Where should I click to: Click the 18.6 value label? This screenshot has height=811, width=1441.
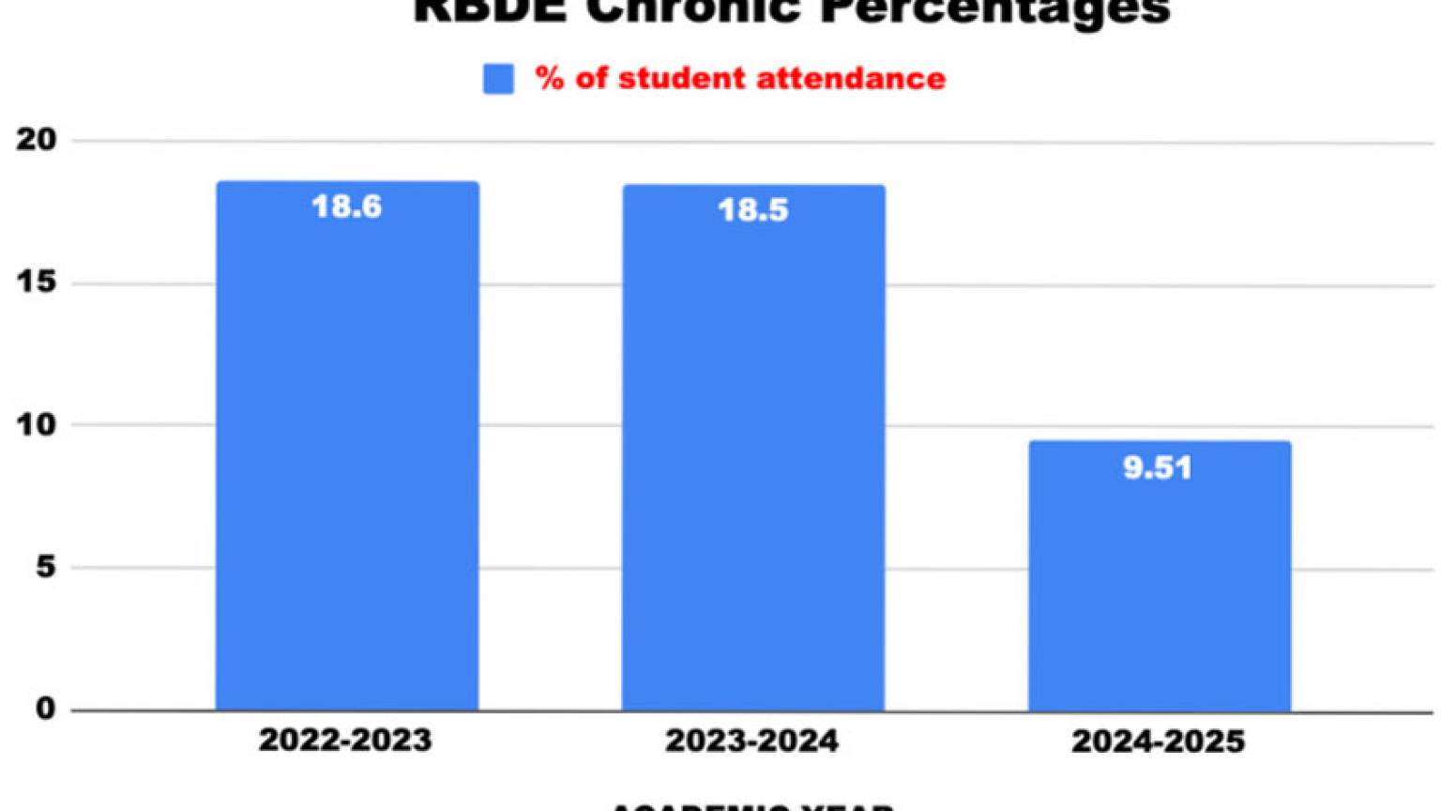(x=347, y=207)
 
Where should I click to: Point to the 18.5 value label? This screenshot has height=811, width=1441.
(x=753, y=210)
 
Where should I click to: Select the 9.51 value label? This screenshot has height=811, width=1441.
(x=1158, y=467)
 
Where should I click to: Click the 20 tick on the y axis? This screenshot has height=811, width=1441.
(x=37, y=140)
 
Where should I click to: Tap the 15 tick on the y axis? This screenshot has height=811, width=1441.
(x=37, y=283)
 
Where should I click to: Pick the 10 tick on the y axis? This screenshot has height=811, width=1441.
(x=37, y=424)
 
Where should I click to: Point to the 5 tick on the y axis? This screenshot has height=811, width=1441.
(x=45, y=567)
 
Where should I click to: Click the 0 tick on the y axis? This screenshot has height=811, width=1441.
(x=45, y=709)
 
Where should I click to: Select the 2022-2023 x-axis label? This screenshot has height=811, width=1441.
(x=345, y=740)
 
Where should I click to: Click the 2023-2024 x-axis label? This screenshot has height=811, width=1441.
(x=751, y=741)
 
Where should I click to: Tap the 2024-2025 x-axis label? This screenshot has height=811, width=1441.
(x=1158, y=742)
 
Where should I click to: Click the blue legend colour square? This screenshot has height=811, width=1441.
(x=498, y=79)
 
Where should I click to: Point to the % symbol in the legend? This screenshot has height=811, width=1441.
(x=550, y=78)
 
